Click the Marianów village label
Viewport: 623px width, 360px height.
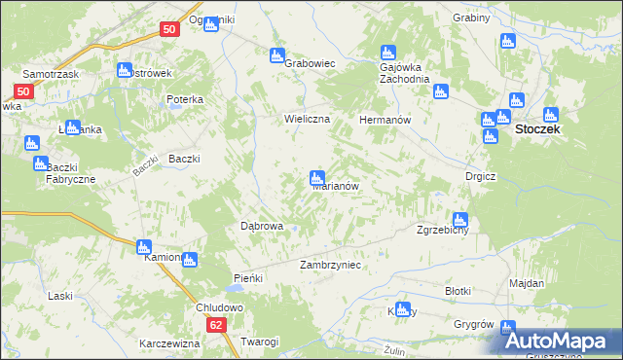coord(338,186)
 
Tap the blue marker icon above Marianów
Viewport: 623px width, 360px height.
coord(316,178)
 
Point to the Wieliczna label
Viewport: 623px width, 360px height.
coord(308,119)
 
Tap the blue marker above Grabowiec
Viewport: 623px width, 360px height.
coord(277,55)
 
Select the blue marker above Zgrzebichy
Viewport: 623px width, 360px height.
coord(459,220)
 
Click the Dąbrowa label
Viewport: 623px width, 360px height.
coord(261,226)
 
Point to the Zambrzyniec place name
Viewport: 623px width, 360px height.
coord(331,265)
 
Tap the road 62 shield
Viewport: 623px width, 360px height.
coord(216,325)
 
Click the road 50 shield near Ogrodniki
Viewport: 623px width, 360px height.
coord(169,30)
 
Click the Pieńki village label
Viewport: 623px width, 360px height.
coord(248,278)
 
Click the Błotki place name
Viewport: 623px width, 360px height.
coord(458,291)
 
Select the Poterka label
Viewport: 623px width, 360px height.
coord(184,99)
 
